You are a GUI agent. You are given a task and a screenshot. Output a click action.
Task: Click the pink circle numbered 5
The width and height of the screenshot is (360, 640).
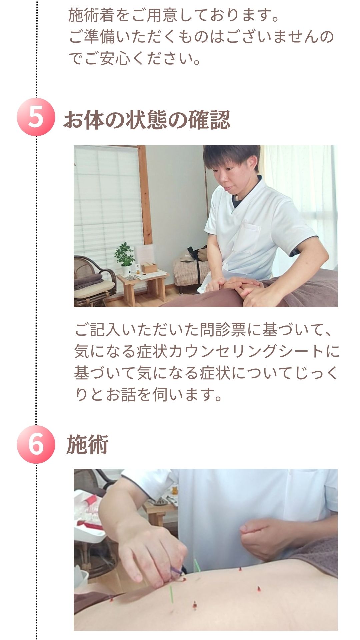(x=36, y=117)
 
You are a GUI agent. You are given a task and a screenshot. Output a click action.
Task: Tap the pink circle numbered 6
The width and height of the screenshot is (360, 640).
(x=36, y=444)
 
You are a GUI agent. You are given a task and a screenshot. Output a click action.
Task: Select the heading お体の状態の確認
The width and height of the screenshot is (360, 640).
(x=147, y=120)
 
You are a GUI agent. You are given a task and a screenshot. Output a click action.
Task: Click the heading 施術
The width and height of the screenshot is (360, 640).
(x=87, y=445)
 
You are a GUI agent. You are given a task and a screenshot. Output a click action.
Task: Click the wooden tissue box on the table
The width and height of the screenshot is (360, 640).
(x=149, y=267)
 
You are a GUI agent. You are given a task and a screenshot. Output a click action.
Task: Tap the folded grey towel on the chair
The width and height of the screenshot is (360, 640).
(x=88, y=280)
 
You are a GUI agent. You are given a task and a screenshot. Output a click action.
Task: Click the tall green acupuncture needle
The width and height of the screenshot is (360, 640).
(x=171, y=595)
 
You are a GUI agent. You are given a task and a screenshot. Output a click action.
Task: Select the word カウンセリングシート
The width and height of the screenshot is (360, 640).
(x=247, y=351)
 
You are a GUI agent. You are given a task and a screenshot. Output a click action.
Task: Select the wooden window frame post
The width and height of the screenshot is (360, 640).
(x=146, y=195)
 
